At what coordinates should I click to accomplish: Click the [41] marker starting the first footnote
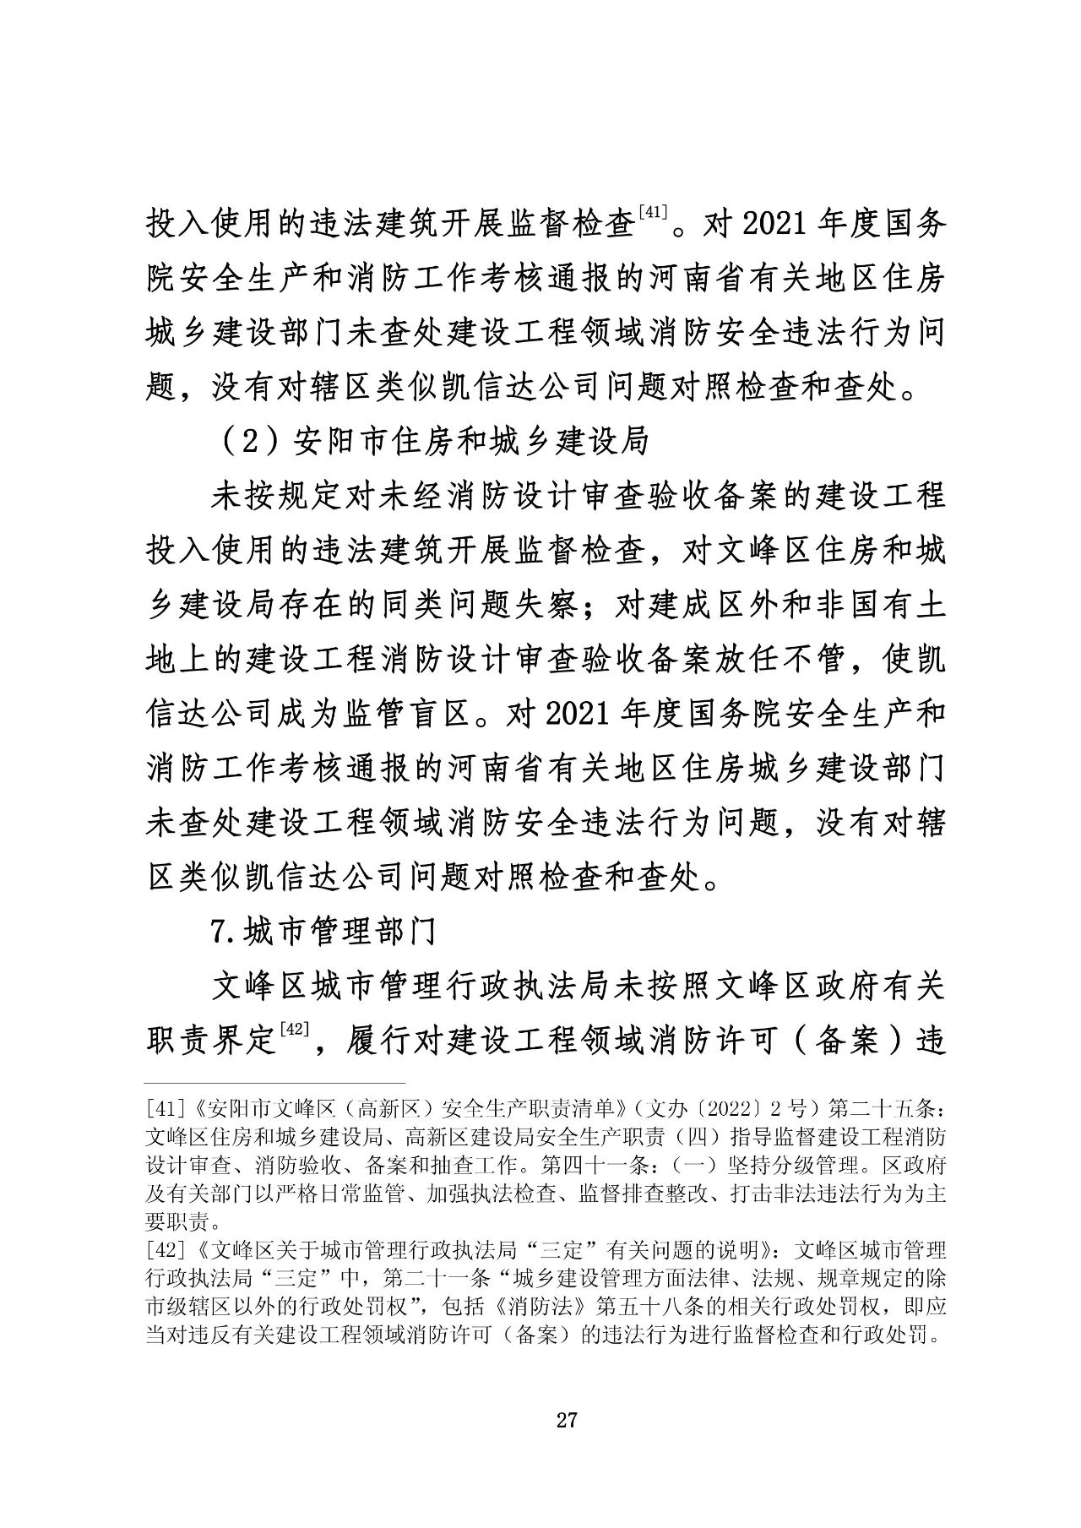coord(161,1107)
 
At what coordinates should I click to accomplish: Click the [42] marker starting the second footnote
coord(161,1248)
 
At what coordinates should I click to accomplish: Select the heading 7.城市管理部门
coord(323,932)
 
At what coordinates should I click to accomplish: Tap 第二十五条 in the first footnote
coord(888,1107)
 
